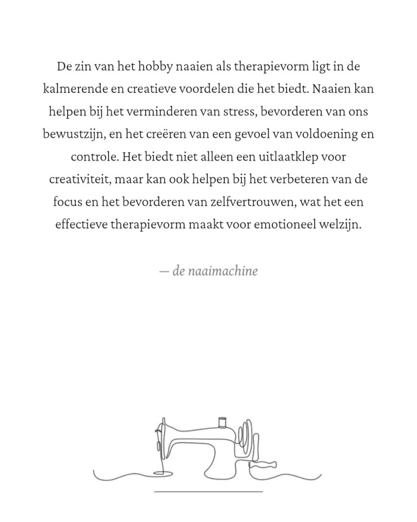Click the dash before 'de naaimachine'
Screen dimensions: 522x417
pos(164,270)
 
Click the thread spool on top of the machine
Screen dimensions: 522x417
pos(221,422)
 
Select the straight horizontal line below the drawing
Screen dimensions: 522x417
pos(208,492)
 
